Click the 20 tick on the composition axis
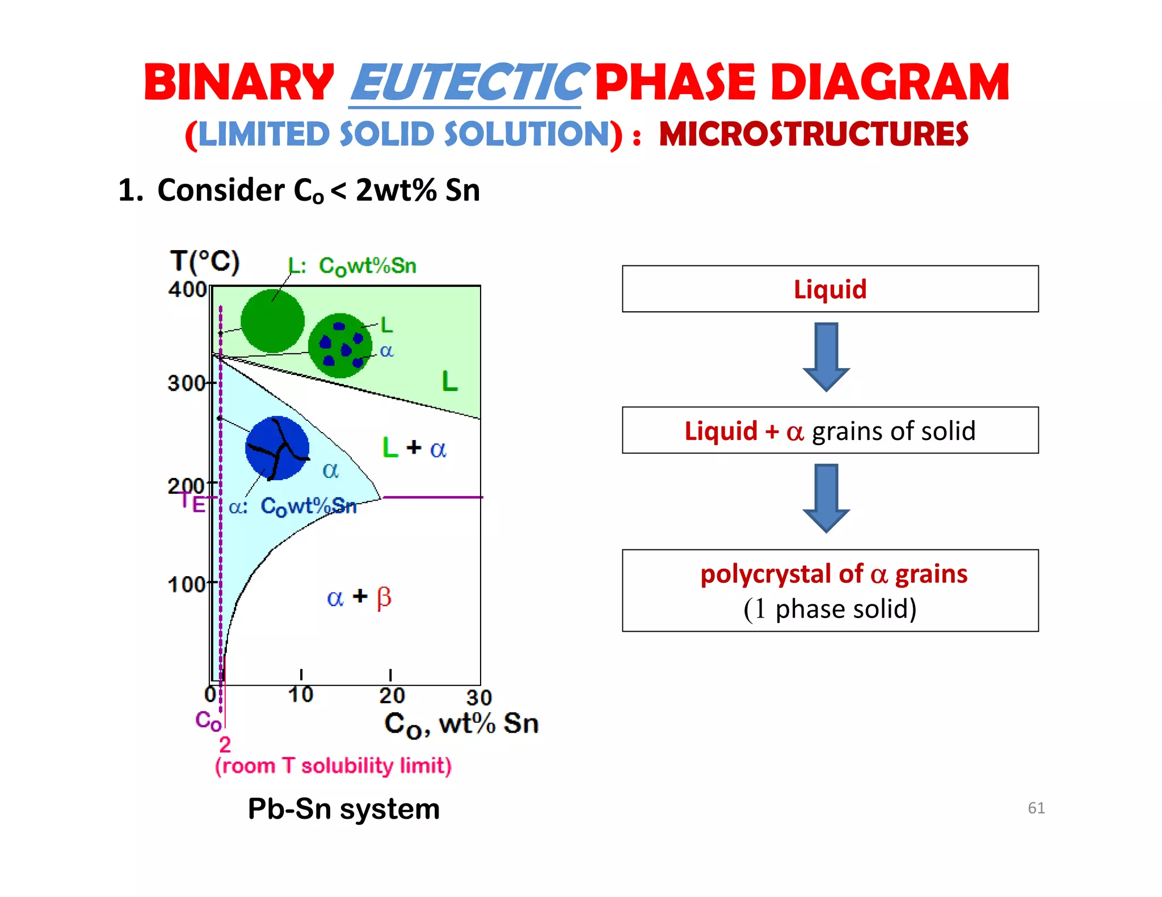(x=391, y=694)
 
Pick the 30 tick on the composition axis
(x=479, y=697)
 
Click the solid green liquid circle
(x=272, y=321)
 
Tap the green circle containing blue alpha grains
(x=340, y=345)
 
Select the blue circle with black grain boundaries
(x=277, y=448)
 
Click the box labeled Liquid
(x=830, y=289)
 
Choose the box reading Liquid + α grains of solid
(x=830, y=430)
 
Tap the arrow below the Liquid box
(x=826, y=357)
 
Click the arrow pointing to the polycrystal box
(x=826, y=498)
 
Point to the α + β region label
(x=359, y=597)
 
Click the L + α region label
(x=414, y=448)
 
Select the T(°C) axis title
(x=205, y=262)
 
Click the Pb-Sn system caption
(x=344, y=809)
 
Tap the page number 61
(x=1036, y=807)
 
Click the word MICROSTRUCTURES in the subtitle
(x=813, y=135)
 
